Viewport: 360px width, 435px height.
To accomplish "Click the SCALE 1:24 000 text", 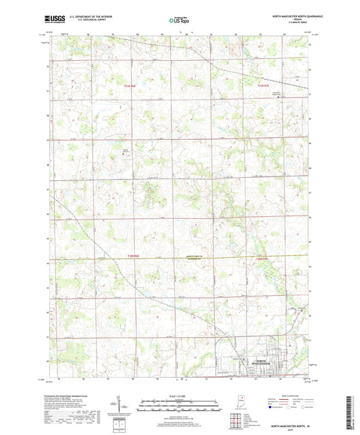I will [180, 396].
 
